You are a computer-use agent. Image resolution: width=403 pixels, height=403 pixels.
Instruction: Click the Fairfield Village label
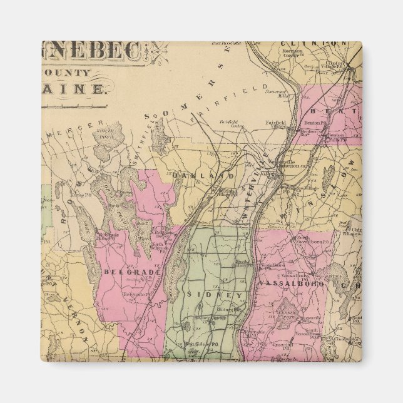pyautogui.click(x=275, y=123)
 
